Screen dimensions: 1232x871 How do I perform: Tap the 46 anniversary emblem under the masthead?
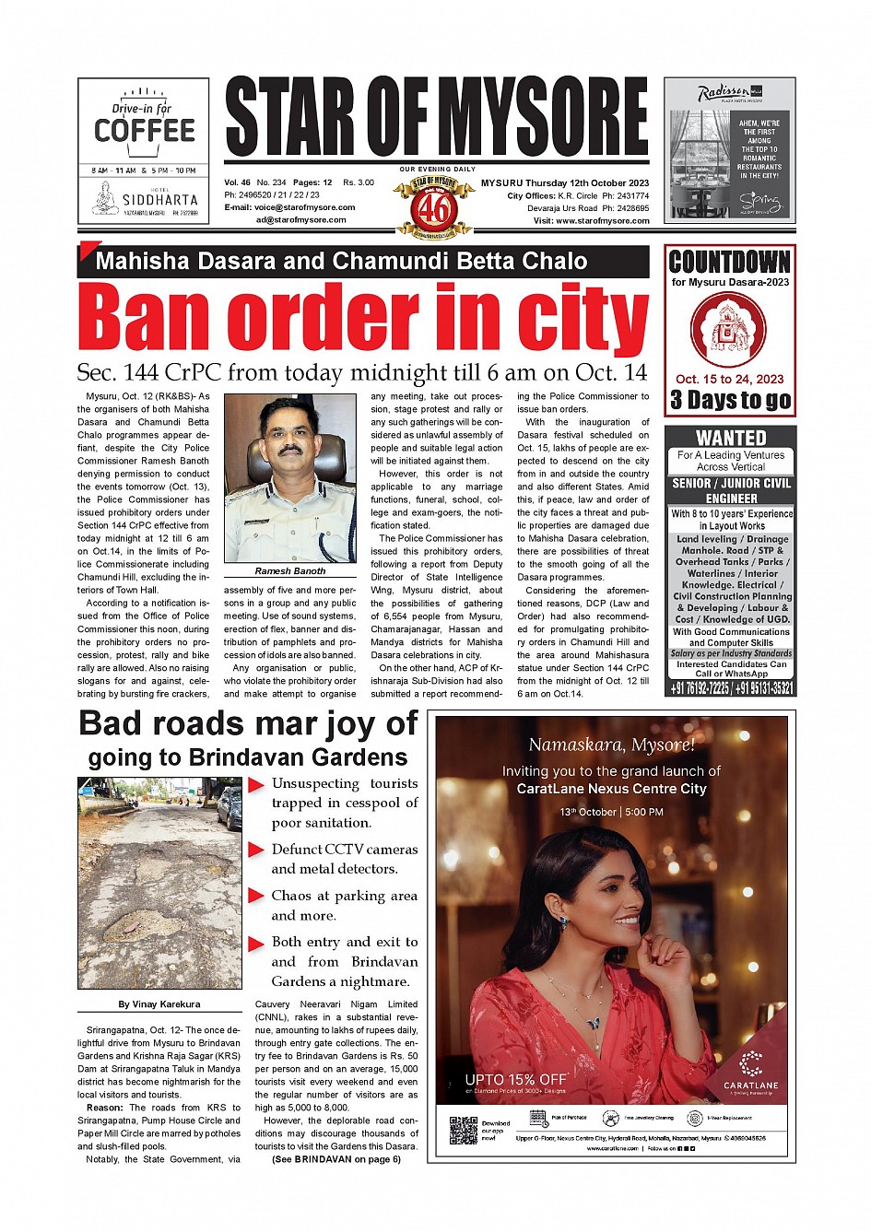pyautogui.click(x=435, y=208)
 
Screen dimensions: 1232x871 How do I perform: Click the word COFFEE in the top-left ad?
pyautogui.click(x=145, y=131)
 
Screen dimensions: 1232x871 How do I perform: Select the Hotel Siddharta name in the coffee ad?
pyautogui.click(x=159, y=199)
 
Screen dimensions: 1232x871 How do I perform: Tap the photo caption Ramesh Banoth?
pyautogui.click(x=290, y=571)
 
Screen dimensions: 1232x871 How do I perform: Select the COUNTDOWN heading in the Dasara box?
pyautogui.click(x=729, y=262)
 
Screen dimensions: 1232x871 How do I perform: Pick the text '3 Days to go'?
pyautogui.click(x=730, y=400)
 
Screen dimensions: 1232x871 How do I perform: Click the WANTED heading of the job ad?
pyautogui.click(x=730, y=438)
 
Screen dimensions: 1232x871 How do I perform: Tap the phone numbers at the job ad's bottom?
pyautogui.click(x=730, y=688)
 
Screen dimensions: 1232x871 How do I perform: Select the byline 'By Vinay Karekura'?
pyautogui.click(x=159, y=1004)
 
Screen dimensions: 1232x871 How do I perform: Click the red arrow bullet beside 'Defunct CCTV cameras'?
pyautogui.click(x=257, y=850)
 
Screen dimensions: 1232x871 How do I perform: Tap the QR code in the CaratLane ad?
pyautogui.click(x=464, y=1130)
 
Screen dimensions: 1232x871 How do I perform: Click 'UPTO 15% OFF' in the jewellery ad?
pyautogui.click(x=515, y=1079)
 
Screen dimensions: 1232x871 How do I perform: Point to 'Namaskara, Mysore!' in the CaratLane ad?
pyautogui.click(x=611, y=745)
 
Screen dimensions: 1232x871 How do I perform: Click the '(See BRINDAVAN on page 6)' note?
pyautogui.click(x=336, y=1159)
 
